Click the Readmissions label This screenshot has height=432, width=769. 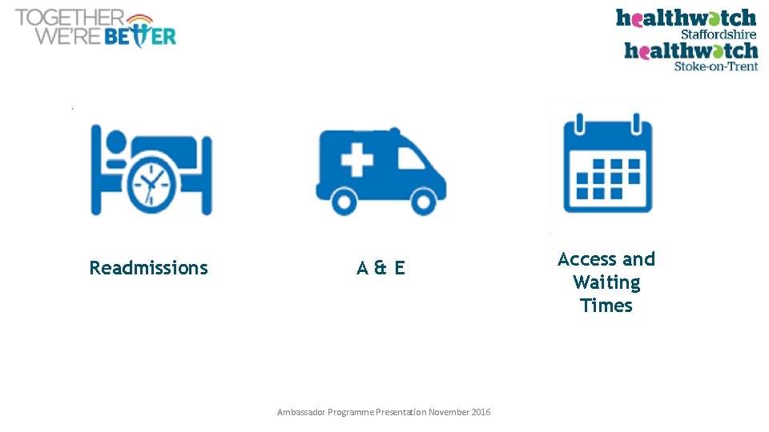[148, 268]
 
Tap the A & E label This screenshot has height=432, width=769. [380, 268]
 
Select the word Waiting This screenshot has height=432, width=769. [606, 283]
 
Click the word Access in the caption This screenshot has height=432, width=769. [583, 259]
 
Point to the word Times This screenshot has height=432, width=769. [606, 306]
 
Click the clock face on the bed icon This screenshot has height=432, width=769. [151, 186]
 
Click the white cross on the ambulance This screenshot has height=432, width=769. [356, 161]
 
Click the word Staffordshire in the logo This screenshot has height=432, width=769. [718, 34]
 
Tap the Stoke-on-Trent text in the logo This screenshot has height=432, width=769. [715, 66]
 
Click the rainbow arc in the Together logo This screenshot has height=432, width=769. [139, 19]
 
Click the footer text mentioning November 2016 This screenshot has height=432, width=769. [384, 412]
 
